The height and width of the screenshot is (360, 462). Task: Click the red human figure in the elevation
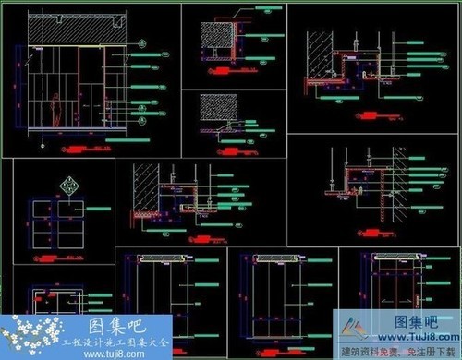[x=58, y=109]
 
